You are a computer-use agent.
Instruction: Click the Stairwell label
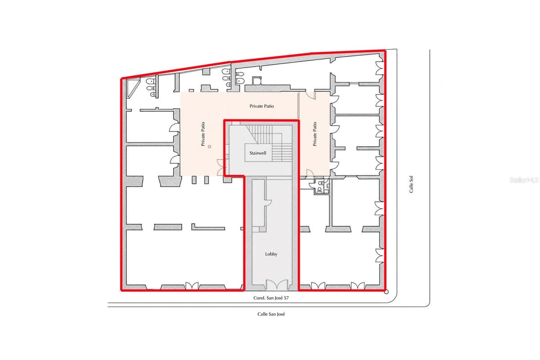point(258,153)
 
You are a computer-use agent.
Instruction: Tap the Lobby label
point(271,254)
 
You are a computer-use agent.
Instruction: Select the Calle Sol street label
point(411,184)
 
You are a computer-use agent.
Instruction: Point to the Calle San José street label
point(271,314)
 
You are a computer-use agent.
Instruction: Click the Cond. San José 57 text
point(271,298)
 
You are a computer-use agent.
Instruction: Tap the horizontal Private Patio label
point(261,106)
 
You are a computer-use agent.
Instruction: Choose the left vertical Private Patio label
point(203,134)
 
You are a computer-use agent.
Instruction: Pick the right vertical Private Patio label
point(315,134)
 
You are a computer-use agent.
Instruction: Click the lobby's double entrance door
point(277,284)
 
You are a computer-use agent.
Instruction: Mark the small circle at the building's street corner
point(386,292)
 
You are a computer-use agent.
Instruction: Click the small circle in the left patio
point(210,147)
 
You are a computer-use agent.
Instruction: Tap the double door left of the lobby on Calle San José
point(192,285)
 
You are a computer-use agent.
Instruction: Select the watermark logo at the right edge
point(524,180)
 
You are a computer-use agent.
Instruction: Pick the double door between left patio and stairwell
point(220,167)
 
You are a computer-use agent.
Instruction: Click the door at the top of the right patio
point(311,95)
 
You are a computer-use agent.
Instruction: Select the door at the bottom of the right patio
point(310,173)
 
